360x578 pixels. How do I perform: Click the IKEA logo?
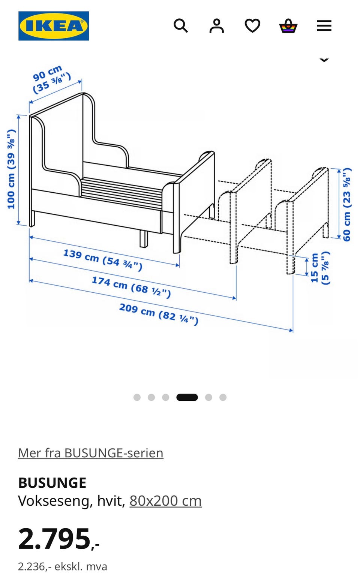(54, 26)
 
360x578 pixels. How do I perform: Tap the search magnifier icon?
(181, 25)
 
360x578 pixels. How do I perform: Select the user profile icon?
(216, 26)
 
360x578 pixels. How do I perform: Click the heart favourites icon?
(252, 26)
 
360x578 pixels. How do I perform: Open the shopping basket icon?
(288, 26)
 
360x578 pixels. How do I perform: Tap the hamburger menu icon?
(324, 26)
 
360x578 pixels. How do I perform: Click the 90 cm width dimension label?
(52, 79)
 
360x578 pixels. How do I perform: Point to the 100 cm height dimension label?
(11, 169)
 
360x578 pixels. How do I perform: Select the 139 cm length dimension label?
(103, 260)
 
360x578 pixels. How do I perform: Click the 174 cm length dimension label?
(131, 287)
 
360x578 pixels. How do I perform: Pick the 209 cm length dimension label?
(159, 314)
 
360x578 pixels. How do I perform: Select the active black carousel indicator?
(187, 397)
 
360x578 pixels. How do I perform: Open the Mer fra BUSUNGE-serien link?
(91, 453)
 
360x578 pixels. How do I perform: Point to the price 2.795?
(59, 539)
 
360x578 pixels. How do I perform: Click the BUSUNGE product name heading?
(52, 483)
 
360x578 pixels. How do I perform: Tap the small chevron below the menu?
(324, 60)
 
